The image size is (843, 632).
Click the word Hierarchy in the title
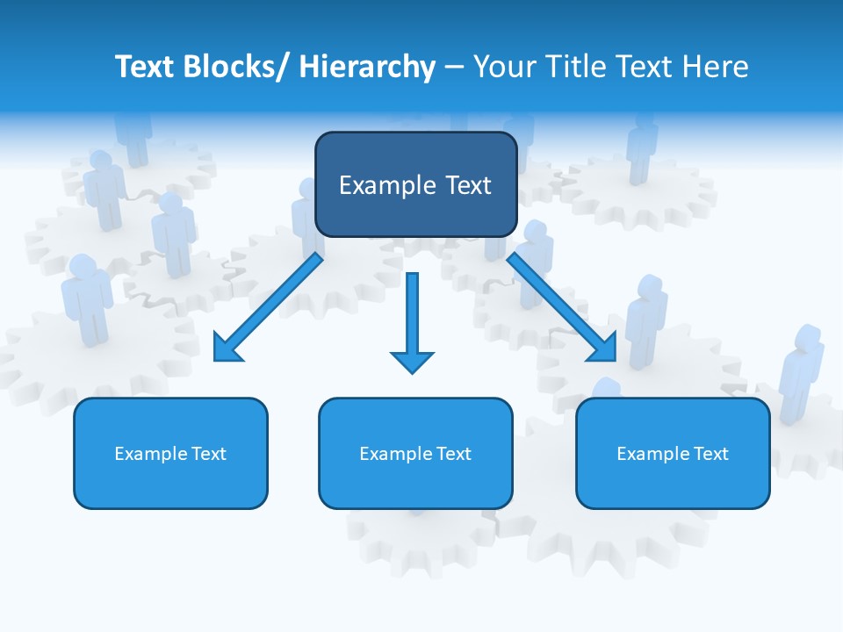(x=367, y=67)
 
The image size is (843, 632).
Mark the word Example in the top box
(x=385, y=185)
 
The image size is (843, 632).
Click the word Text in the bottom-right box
(x=712, y=454)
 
